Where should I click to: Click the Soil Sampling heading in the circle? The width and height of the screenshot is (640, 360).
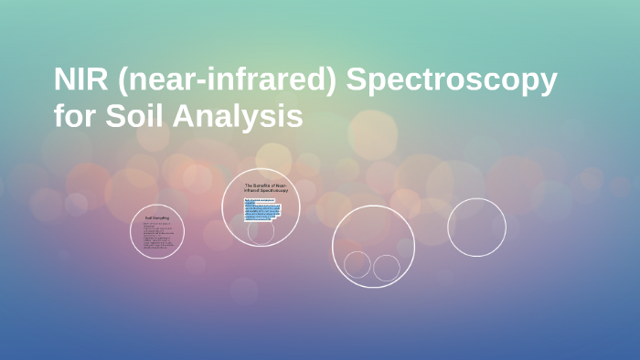[x=157, y=217]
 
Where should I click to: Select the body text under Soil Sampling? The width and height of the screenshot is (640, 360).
[x=157, y=236]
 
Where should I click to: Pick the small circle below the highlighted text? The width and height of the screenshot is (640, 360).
[x=261, y=232]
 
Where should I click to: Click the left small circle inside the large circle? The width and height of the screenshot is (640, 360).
[x=357, y=265]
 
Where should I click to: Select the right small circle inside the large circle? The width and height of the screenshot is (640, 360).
[x=387, y=268]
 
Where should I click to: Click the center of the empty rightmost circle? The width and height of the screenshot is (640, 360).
[x=476, y=228]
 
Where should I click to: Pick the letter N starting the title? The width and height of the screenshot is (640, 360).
[x=63, y=82]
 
